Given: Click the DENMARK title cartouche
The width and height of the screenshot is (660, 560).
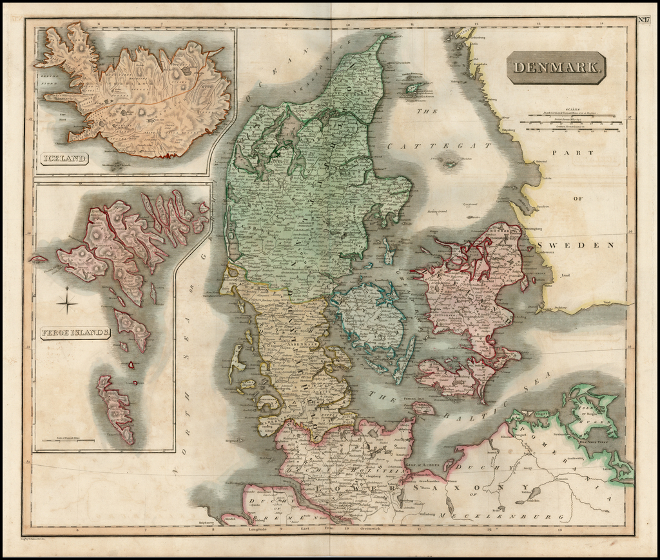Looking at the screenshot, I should point(556,67).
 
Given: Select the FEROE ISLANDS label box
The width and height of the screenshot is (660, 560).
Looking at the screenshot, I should point(75,333).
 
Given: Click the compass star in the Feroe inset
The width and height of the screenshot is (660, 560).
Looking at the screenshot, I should point(67,303).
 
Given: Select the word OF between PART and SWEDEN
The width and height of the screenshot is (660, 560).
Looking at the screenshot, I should point(577,199).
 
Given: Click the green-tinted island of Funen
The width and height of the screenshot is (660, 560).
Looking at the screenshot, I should point(371,317).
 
